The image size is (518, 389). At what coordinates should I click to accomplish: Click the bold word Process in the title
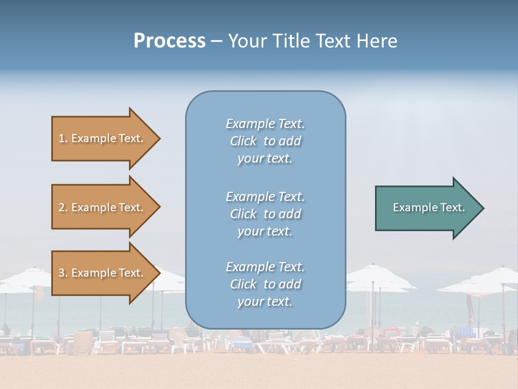coord(169,41)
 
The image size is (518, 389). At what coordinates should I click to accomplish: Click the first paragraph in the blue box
coord(265,141)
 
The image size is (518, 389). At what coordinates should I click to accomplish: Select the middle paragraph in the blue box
coord(265,214)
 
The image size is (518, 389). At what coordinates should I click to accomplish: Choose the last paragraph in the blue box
coord(265,284)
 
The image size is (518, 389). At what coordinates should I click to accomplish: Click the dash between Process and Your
coord(216,41)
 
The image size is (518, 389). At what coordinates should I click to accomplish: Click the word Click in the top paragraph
coord(243,141)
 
